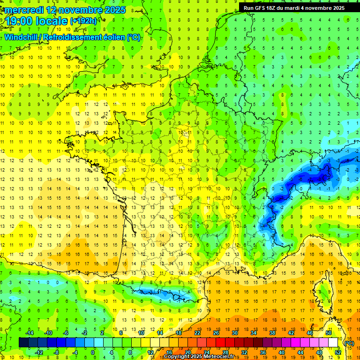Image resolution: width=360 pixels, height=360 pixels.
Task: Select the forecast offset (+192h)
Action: pyautogui.click(x=83, y=21)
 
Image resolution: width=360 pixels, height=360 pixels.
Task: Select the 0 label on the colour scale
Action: pyautogui.click(x=93, y=352)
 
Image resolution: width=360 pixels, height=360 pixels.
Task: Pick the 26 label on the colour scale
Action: pyautogui.click(x=216, y=333)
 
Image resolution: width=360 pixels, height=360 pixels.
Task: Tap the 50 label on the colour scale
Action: pyautogui.click(x=328, y=333)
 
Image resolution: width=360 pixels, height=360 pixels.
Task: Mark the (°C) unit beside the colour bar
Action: pyautogui.click(x=349, y=343)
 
